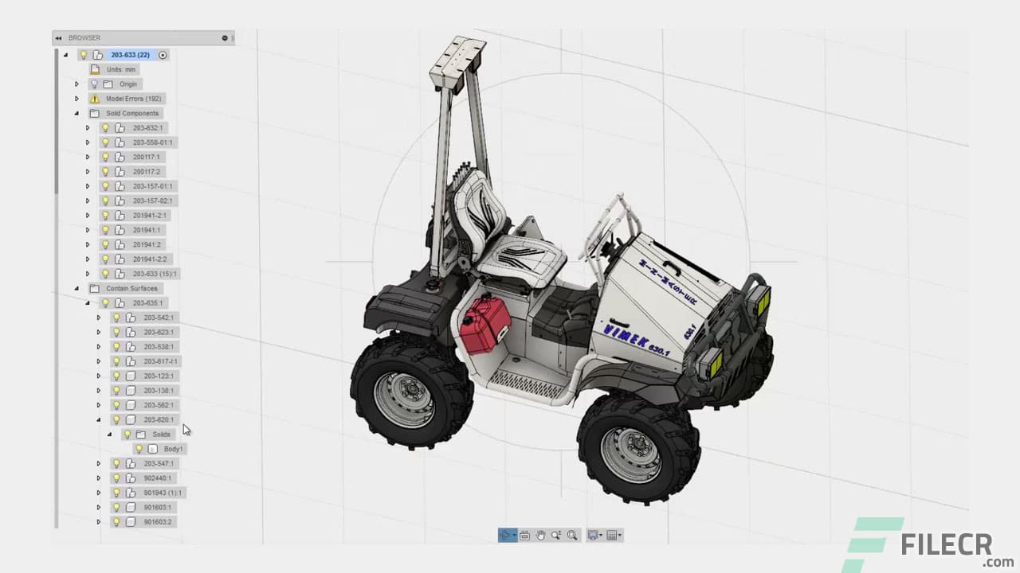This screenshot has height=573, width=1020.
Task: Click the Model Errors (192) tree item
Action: click(x=133, y=99)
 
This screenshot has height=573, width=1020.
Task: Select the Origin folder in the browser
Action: click(x=128, y=84)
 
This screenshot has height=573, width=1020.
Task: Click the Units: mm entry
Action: click(x=121, y=69)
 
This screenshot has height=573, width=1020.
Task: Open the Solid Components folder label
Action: click(x=132, y=113)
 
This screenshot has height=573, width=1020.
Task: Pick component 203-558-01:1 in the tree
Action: click(x=152, y=142)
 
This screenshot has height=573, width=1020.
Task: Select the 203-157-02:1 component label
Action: click(x=152, y=201)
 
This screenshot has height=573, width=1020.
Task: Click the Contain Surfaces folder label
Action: click(x=131, y=288)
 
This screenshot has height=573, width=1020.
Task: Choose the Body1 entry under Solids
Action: click(x=173, y=449)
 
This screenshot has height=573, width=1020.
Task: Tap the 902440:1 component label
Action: click(x=157, y=478)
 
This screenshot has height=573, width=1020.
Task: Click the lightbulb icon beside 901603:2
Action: click(x=116, y=522)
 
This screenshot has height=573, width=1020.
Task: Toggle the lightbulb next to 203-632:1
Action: click(x=105, y=128)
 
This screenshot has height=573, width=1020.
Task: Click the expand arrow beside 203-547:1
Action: click(x=99, y=463)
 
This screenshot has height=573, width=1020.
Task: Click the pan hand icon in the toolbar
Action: click(x=540, y=536)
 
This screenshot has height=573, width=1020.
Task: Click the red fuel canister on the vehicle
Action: click(x=484, y=325)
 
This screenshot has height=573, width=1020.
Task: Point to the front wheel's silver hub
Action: click(x=630, y=454)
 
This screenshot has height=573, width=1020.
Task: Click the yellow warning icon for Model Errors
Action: click(x=95, y=99)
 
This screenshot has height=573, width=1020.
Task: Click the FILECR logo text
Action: click(x=946, y=545)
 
